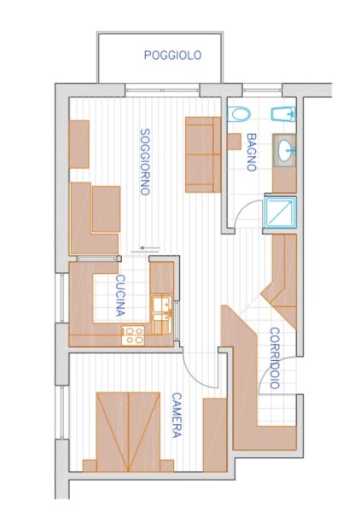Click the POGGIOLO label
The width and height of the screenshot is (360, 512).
pyautogui.click(x=172, y=55)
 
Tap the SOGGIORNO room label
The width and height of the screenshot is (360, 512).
pyautogui.click(x=145, y=161)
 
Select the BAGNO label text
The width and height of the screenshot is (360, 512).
pyautogui.click(x=252, y=152)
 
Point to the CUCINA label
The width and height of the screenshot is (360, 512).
pyautogui.click(x=121, y=295)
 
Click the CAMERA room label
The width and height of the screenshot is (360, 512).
pyautogui.click(x=177, y=415)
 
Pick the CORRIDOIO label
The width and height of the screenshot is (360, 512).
pyautogui.click(x=276, y=358)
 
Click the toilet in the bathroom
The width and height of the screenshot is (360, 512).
pyautogui.click(x=239, y=114)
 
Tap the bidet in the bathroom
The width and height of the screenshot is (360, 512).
pyautogui.click(x=283, y=114)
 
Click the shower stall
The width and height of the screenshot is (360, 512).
pyautogui.click(x=281, y=212)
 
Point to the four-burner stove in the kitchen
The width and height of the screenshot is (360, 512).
pyautogui.click(x=133, y=335)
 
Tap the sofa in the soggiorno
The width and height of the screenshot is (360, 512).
pyautogui.click(x=203, y=154)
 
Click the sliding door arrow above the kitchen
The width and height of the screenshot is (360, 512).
pyautogui.click(x=150, y=248)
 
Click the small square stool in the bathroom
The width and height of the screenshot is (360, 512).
pyautogui.click(x=234, y=142)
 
